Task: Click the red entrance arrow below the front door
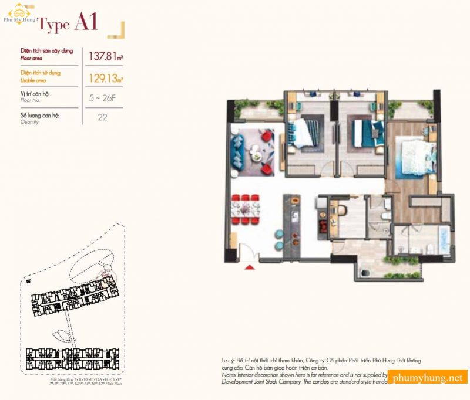pyautogui.click(x=250, y=268)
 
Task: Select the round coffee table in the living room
pyautogui.click(x=256, y=154)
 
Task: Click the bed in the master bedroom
pyautogui.click(x=415, y=156)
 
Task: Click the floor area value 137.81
pyautogui.click(x=105, y=56)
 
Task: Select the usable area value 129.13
pyautogui.click(x=105, y=77)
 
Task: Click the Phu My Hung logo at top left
pyautogui.click(x=19, y=12)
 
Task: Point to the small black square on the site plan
pyautogui.click(x=28, y=281)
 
